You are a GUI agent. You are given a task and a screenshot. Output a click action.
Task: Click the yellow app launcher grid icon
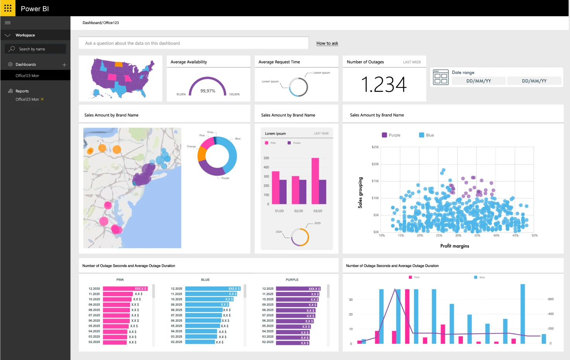point(8,8)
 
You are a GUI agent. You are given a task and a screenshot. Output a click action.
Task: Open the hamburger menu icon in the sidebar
point(8,23)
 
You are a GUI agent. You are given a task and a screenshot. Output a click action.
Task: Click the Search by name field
point(36,49)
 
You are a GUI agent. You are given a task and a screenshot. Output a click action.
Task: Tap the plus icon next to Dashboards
point(64,65)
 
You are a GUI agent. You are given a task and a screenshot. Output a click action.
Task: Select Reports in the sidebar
point(22,91)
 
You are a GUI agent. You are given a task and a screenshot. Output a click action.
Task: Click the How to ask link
point(327,43)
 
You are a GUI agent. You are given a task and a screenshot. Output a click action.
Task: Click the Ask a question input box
point(194,43)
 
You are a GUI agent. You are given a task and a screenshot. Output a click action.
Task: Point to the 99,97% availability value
point(208,91)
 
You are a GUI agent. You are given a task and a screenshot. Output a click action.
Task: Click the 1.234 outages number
point(384,84)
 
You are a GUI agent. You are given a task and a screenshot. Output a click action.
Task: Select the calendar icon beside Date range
point(441,77)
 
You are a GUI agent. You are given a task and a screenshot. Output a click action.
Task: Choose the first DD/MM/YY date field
point(479,81)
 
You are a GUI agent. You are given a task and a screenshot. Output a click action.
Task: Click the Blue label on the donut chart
point(238,139)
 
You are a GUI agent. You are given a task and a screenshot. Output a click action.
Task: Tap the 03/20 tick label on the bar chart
point(318,211)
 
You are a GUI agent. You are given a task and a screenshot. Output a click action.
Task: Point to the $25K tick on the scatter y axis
point(375,147)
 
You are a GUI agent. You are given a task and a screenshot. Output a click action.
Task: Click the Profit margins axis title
point(455,246)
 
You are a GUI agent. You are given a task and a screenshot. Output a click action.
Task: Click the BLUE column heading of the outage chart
point(205,279)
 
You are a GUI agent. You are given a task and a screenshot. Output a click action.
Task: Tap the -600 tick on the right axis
point(550,299)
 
